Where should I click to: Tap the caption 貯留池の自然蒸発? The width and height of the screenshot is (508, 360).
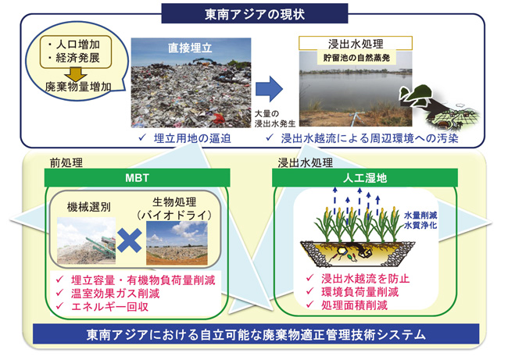tap(352, 58)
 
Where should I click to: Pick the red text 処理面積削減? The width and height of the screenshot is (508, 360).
tap(348, 305)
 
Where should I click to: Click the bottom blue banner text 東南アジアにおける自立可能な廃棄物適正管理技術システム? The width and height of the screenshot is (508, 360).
tap(257, 336)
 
